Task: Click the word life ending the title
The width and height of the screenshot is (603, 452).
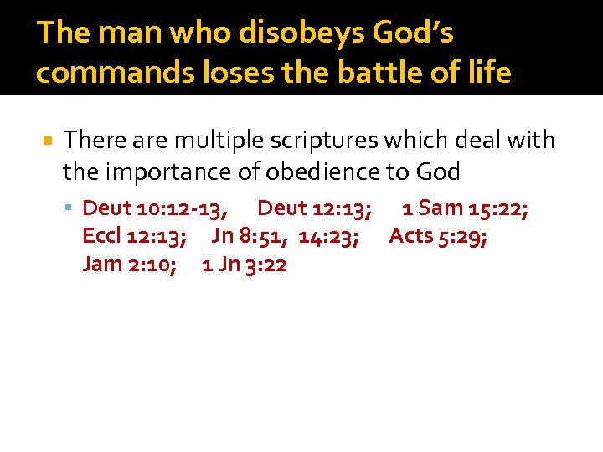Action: pos(491,73)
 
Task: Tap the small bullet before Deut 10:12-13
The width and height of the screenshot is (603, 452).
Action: pos(74,208)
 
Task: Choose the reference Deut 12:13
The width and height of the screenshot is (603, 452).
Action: pos(315,208)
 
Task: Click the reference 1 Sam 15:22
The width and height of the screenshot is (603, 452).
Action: pos(465,208)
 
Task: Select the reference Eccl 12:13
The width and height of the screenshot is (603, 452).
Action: pos(134,236)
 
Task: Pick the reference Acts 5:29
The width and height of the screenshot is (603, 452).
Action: pos(439,236)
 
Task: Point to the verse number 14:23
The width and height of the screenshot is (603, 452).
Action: pos(329,236)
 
